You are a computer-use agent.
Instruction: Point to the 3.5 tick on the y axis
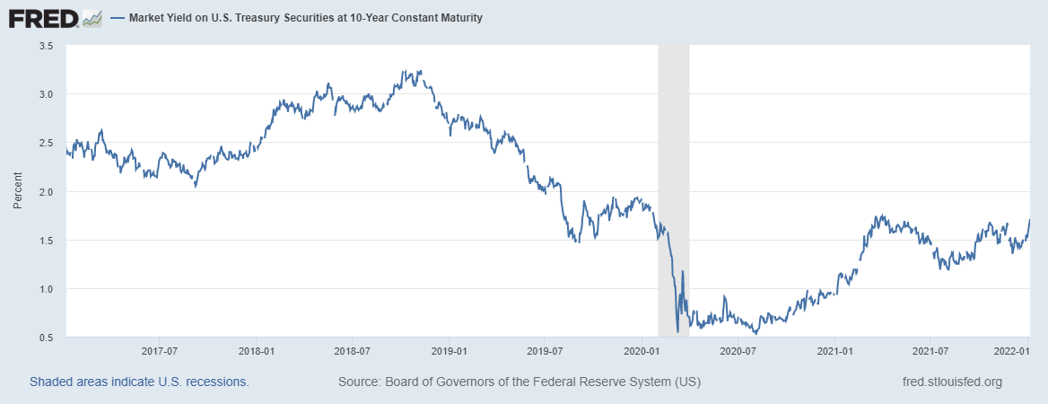tap(47, 46)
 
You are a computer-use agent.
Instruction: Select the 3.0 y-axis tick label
tap(47, 94)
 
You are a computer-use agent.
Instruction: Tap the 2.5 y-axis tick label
tap(47, 143)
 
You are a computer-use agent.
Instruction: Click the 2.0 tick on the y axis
tap(47, 192)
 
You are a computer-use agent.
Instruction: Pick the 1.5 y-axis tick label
tap(47, 241)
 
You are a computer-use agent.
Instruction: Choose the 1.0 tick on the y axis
tap(47, 289)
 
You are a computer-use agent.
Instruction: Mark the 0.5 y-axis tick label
tap(47, 338)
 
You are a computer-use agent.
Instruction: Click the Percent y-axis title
tap(18, 192)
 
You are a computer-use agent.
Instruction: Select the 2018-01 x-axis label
tap(257, 352)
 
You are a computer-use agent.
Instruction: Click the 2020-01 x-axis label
tap(642, 352)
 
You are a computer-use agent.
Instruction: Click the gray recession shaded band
tap(674, 180)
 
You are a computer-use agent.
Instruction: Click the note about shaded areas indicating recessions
tap(139, 382)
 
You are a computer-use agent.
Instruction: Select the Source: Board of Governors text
tap(520, 382)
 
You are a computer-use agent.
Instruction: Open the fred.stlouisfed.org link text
tap(951, 382)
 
